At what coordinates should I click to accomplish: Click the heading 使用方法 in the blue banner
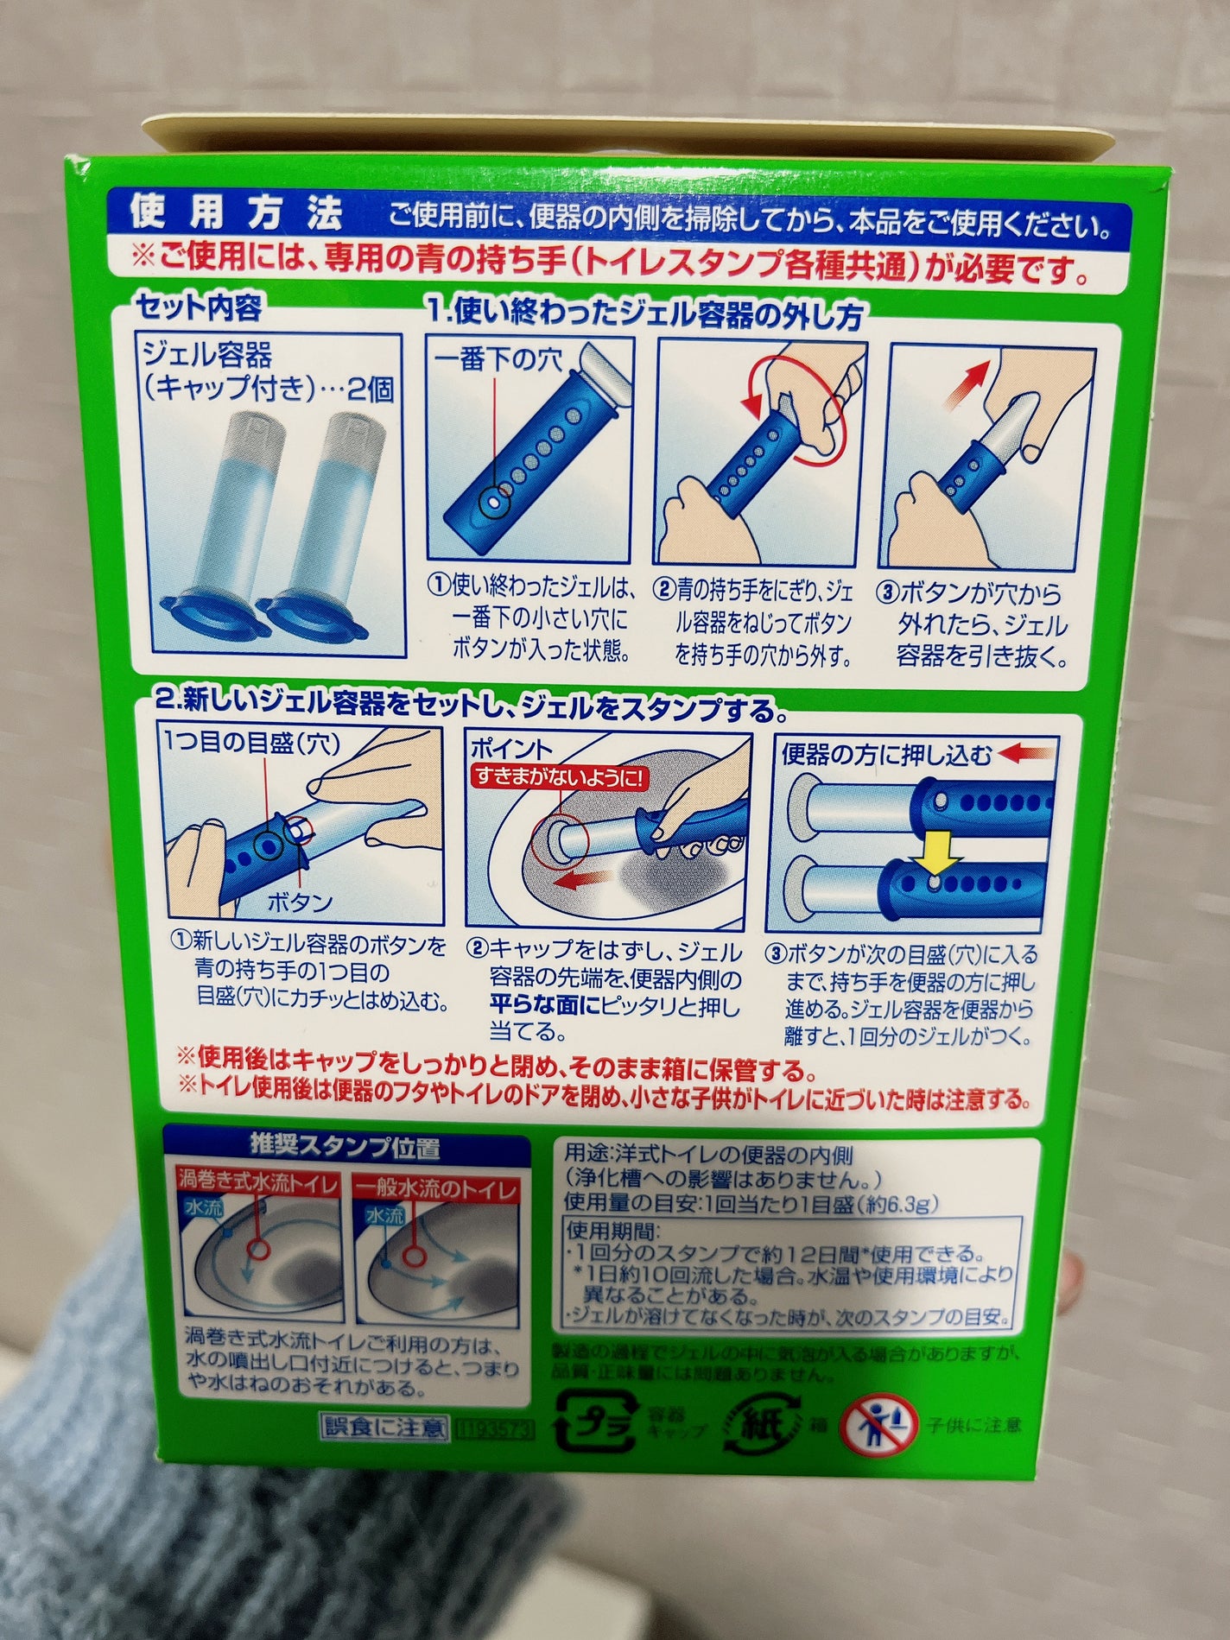point(235,213)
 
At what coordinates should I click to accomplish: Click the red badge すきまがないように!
point(558,776)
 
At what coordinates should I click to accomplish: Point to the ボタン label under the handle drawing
point(299,902)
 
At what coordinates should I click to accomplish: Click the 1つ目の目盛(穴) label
point(252,743)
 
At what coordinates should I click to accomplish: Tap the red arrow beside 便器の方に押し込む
point(1027,755)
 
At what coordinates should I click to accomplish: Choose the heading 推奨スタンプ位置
point(345,1147)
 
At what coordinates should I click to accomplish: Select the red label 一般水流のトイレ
point(436,1189)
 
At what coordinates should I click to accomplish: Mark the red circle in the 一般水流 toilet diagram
point(412,1253)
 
